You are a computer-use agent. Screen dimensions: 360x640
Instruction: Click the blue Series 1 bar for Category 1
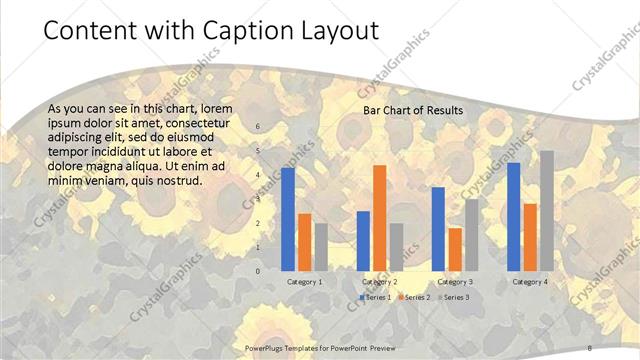point(288,219)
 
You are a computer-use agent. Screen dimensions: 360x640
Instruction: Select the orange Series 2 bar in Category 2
point(379,217)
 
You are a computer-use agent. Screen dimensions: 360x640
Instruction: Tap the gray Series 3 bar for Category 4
point(546,210)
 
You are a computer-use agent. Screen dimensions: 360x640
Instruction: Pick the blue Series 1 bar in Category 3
point(438,229)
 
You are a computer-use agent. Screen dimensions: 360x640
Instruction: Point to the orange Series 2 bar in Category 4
point(530,237)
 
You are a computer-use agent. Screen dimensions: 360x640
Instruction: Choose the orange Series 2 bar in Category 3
point(455,249)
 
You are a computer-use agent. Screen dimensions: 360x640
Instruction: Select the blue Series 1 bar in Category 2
point(363,240)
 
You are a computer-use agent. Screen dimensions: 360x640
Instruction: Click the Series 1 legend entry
point(375,297)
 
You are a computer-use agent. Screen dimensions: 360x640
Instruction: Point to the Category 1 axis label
point(304,282)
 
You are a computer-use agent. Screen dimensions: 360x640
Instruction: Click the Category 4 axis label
point(530,282)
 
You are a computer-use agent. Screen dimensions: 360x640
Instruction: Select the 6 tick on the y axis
point(258,127)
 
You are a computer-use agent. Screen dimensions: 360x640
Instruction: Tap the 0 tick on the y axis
point(258,271)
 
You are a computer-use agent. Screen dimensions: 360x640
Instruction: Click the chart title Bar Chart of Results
point(412,110)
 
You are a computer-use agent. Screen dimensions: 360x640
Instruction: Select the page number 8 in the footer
point(591,346)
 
